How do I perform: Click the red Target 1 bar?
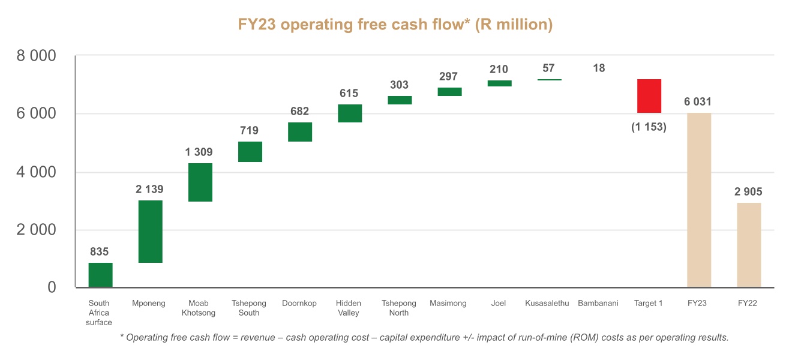point(649,96)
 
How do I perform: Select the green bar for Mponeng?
point(150,232)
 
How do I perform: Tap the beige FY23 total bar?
point(698,200)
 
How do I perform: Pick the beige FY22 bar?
point(749,245)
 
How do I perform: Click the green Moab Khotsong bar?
point(200,182)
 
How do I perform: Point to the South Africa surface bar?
point(100,275)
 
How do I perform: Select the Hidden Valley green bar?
point(349,113)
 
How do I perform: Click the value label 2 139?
point(149,190)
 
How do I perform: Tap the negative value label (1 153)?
point(649,127)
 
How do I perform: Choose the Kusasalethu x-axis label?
point(547,304)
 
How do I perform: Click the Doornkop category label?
point(299,304)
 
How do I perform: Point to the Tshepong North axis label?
point(398,308)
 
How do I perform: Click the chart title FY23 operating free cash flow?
point(395,25)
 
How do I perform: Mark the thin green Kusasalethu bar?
point(549,80)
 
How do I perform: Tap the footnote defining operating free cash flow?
point(424,337)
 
